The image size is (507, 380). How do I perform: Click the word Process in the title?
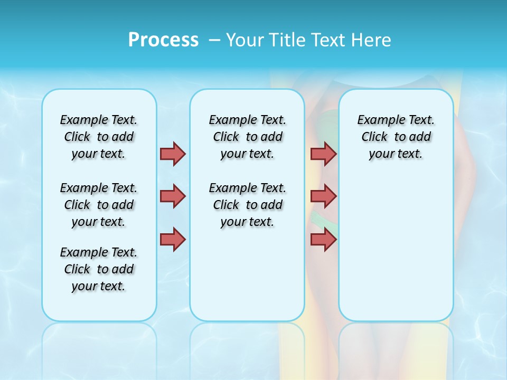163,40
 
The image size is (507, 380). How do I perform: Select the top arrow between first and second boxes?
173,154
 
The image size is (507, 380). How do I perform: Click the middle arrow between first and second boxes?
173,196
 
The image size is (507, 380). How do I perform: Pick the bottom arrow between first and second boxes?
173,239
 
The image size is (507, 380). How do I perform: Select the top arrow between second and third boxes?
323,154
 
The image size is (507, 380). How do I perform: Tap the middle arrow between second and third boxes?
323,196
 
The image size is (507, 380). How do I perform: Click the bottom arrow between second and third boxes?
323,239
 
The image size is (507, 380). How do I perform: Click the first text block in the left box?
99,137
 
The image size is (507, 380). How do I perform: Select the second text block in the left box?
99,205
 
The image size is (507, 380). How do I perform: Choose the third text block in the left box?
99,269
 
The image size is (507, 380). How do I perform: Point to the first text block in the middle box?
247,137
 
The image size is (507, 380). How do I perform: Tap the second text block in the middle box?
247,205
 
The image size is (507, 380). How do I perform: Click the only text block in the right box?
396,137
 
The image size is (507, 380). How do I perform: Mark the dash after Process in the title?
215,40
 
